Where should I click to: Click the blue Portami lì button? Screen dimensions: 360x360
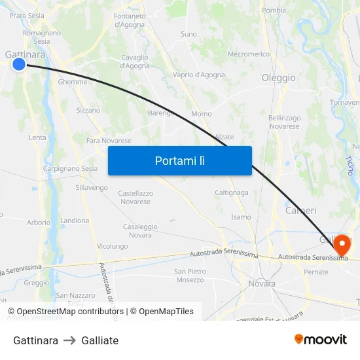click(x=180, y=160)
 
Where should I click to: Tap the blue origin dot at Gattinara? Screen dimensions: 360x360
click(x=19, y=63)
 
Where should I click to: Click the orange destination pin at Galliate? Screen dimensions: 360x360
click(x=342, y=245)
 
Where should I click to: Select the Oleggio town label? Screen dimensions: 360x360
click(x=279, y=78)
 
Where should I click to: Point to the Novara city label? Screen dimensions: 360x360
click(x=262, y=283)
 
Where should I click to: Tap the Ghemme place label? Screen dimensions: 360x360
click(x=73, y=82)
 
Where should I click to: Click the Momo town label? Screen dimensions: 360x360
click(x=202, y=114)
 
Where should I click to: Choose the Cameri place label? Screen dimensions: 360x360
click(x=301, y=211)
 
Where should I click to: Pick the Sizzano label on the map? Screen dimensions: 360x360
click(x=88, y=111)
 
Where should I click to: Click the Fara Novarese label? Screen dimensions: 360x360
click(x=109, y=141)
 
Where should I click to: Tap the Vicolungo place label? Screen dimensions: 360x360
click(x=113, y=246)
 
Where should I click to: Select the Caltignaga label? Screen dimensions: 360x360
click(x=232, y=193)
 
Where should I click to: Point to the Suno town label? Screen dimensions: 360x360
click(x=189, y=34)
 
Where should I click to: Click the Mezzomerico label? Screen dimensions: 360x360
click(x=249, y=54)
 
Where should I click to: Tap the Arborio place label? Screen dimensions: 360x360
click(x=39, y=223)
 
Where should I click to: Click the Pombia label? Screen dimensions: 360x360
click(x=274, y=10)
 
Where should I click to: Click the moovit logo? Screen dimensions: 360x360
click(x=321, y=339)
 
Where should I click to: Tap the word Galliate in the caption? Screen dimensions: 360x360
click(x=100, y=340)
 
